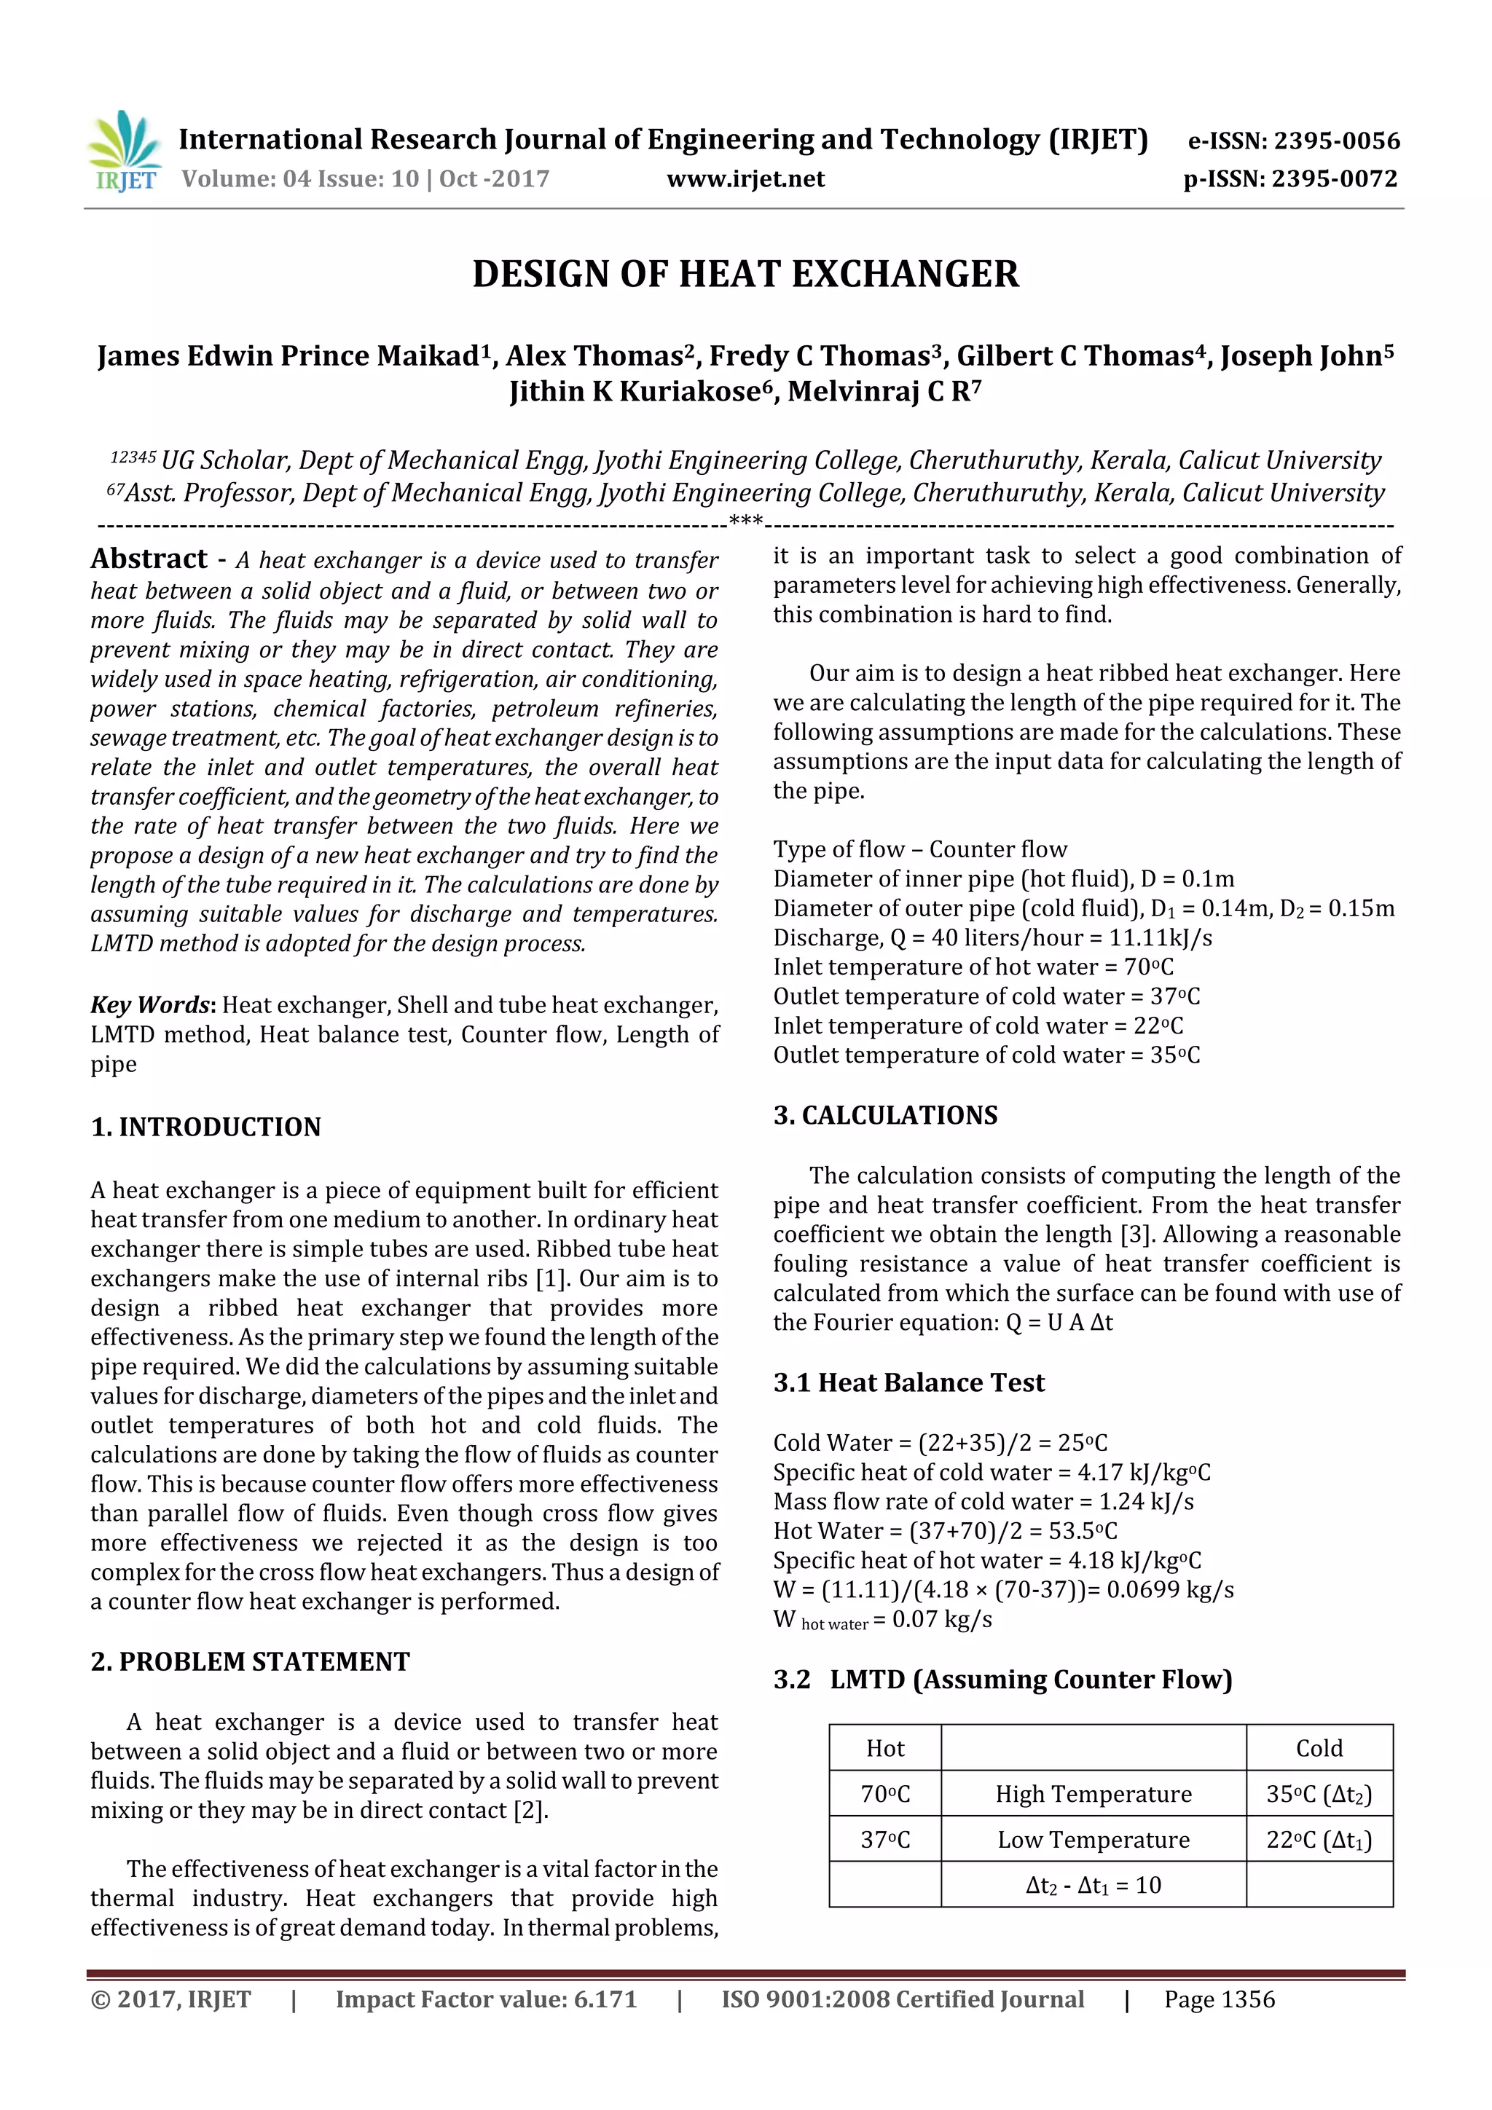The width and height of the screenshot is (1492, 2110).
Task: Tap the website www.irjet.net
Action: (x=745, y=179)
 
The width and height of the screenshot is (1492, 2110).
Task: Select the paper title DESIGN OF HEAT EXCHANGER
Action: (x=745, y=275)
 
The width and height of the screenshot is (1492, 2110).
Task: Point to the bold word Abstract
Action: (x=149, y=559)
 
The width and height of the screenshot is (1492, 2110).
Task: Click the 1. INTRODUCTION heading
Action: (x=206, y=1127)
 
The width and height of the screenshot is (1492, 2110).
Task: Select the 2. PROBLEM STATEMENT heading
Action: (x=250, y=1661)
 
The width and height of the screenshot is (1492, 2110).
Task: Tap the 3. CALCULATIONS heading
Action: (x=885, y=1116)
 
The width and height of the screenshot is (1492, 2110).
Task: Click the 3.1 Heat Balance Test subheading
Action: (x=908, y=1383)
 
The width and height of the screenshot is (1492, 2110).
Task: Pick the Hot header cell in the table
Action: (x=885, y=1749)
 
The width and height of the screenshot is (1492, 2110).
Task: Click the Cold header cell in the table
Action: (x=1319, y=1749)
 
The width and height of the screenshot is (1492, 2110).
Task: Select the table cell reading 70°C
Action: (x=885, y=1794)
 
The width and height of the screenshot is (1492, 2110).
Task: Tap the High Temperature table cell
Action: (x=1093, y=1794)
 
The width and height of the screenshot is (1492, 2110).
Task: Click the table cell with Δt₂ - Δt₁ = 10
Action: (x=1093, y=1886)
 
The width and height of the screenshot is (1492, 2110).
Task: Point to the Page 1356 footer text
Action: (x=1219, y=2000)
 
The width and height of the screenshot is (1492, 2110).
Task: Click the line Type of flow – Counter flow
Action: (x=919, y=849)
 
